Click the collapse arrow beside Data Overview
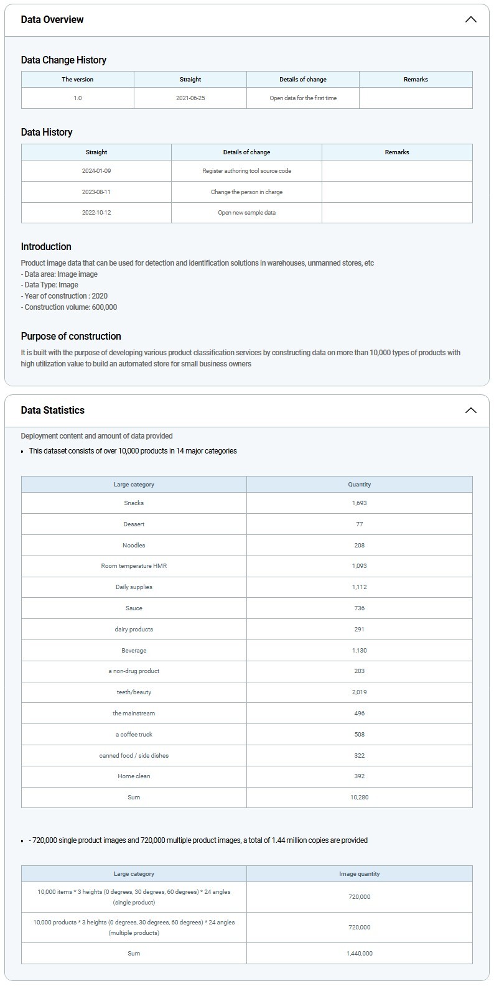point(471,19)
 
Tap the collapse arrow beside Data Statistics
point(471,410)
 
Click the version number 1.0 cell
point(78,98)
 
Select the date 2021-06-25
point(190,98)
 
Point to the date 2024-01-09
point(96,170)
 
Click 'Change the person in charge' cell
point(246,192)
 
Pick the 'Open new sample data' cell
point(246,212)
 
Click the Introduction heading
point(46,246)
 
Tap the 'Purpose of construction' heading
point(71,336)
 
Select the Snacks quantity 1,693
point(359,503)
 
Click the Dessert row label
point(134,524)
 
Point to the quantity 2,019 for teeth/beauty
point(359,692)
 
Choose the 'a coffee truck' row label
point(134,734)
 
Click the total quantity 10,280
point(359,797)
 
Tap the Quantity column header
point(359,484)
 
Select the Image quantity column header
point(359,873)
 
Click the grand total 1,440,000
point(359,953)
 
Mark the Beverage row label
point(134,650)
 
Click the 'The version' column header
point(78,79)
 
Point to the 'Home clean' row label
point(134,776)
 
